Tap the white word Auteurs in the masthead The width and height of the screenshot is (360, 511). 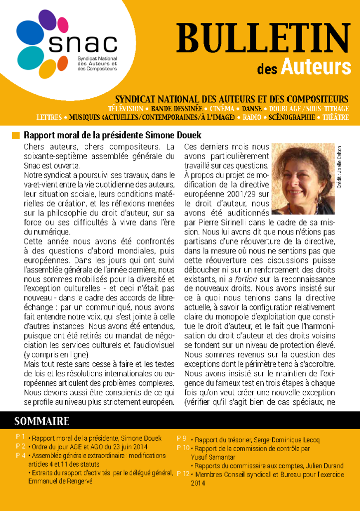point(323,66)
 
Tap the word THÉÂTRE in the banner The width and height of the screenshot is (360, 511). point(335,117)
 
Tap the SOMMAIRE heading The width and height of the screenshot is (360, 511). point(41,421)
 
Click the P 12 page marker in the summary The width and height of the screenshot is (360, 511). point(183,474)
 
